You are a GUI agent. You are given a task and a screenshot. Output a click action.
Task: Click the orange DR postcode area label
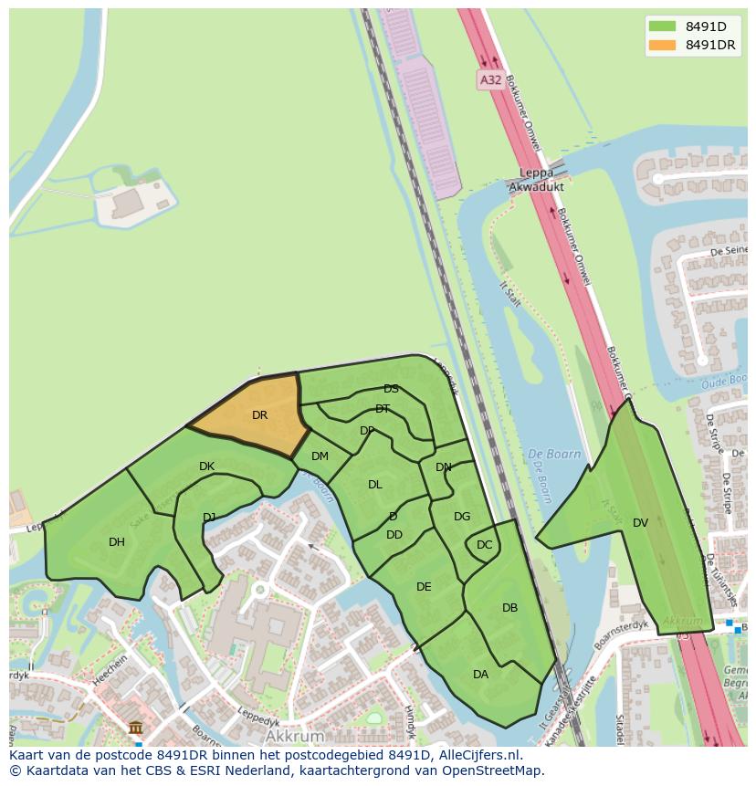260,415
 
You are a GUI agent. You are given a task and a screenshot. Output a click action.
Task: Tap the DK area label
206,466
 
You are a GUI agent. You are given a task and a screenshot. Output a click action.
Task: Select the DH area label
117,542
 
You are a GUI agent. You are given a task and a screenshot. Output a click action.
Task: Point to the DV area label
640,523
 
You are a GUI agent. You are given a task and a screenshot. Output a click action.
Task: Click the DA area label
480,675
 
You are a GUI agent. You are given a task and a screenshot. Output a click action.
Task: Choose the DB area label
509,608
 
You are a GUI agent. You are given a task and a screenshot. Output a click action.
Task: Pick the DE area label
424,587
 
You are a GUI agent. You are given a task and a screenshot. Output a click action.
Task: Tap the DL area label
375,485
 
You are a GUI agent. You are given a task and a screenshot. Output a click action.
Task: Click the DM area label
320,456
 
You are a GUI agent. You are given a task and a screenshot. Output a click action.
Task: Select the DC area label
484,545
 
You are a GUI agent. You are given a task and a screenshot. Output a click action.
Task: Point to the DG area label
462,517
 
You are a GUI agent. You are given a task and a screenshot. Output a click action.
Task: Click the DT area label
383,409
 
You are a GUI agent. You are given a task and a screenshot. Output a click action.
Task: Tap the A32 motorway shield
491,80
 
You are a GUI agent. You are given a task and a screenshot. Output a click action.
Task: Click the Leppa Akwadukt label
536,180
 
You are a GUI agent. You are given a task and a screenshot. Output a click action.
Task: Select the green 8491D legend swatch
661,26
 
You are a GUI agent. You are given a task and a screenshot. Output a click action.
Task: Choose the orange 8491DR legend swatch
661,45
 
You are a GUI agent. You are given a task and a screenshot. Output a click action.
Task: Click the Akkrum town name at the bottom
296,736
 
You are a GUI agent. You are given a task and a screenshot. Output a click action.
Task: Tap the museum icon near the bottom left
136,728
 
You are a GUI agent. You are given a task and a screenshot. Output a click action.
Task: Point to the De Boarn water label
548,454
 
